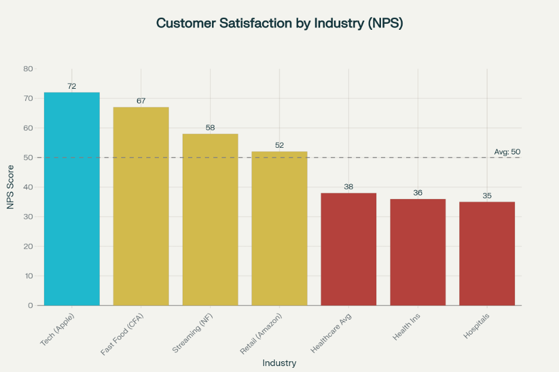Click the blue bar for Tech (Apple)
click(72, 199)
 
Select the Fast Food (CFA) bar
click(141, 206)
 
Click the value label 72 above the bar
click(72, 86)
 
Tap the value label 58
click(210, 128)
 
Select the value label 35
click(487, 196)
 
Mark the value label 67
click(141, 101)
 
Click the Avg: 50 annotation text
click(508, 152)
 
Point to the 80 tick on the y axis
click(29, 69)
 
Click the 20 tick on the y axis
click(29, 246)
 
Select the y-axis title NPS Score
click(10, 187)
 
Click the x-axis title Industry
click(279, 362)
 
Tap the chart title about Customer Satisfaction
click(279, 23)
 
